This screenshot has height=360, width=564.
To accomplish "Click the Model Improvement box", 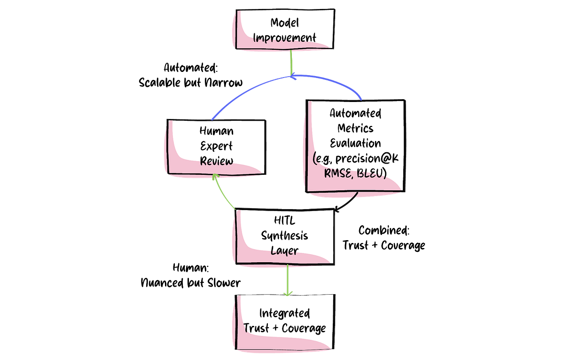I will click(285, 30).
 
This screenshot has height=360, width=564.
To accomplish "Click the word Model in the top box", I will click(285, 23).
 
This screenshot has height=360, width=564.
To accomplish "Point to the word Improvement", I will click(285, 38).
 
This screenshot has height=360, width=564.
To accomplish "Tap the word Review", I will click(216, 161).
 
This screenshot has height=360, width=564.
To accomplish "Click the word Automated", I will click(355, 114).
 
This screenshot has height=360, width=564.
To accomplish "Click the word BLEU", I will click(369, 174).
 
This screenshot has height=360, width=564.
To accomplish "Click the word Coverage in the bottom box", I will click(304, 328).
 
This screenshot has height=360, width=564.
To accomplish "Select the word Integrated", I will click(285, 313).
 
